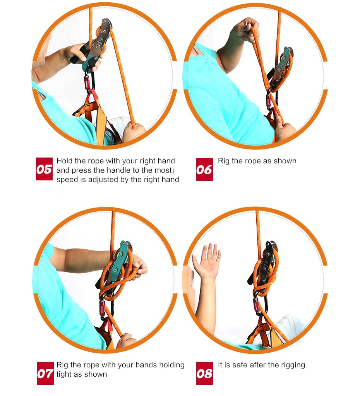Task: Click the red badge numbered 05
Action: pos(44,169)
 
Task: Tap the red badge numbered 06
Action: pos(204,169)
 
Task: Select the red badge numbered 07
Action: pos(45,373)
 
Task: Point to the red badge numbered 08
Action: pos(204,373)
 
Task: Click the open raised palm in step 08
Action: pos(207,260)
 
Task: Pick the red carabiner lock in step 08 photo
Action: pos(257,306)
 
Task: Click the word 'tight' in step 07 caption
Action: pos(65,374)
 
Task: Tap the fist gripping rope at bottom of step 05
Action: pos(134,132)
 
